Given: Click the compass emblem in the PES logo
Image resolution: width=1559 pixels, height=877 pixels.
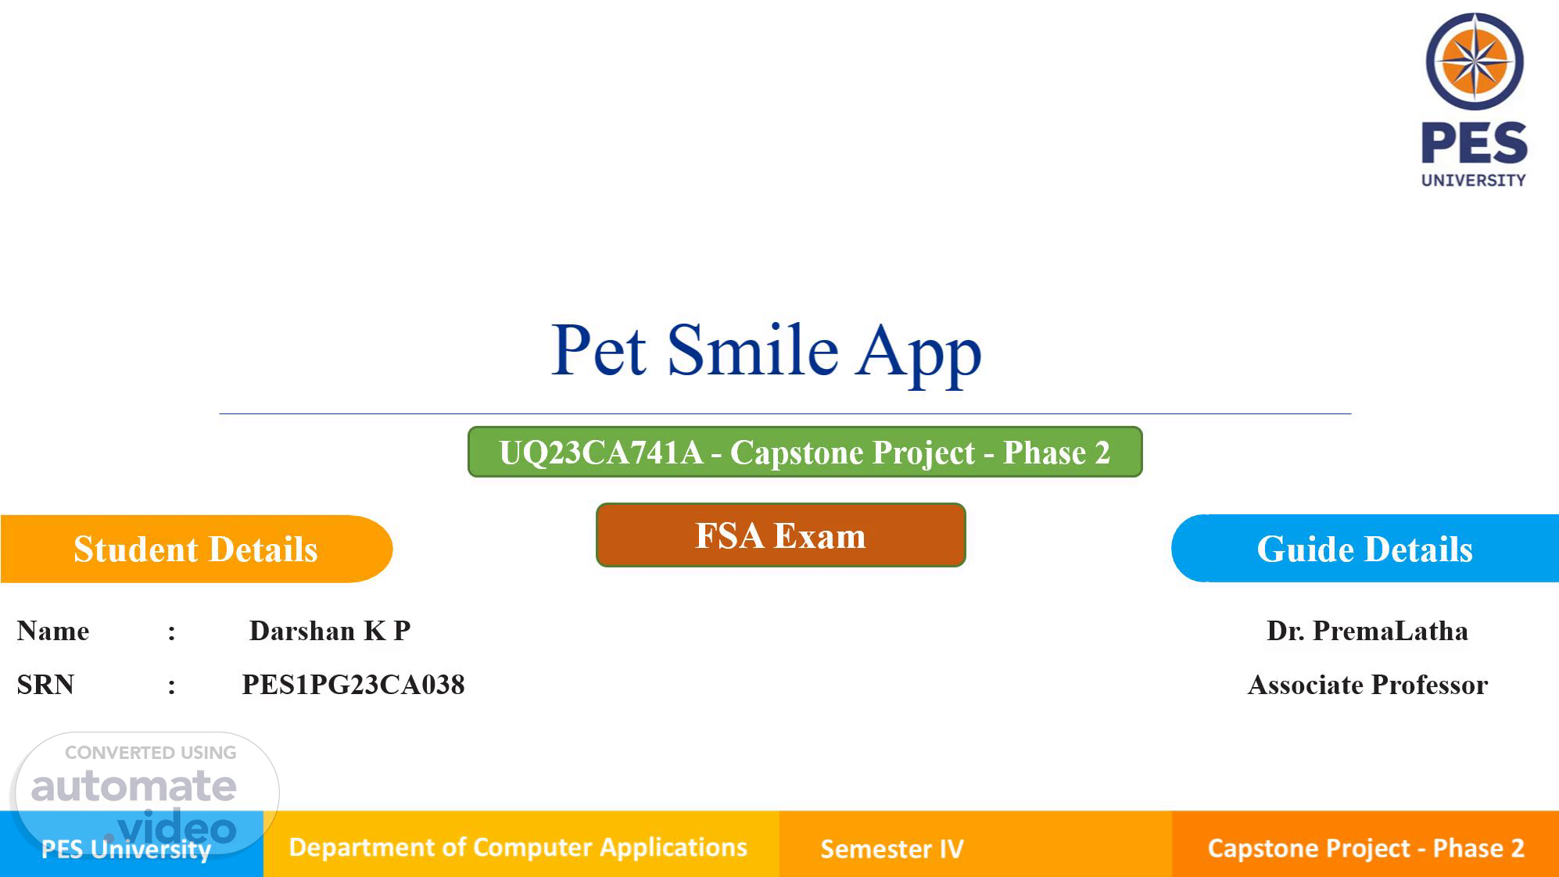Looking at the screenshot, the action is (x=1475, y=61).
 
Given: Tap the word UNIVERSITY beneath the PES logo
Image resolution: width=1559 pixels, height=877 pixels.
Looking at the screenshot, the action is (x=1474, y=181).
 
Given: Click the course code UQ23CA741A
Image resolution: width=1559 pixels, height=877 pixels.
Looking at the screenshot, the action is (x=600, y=453).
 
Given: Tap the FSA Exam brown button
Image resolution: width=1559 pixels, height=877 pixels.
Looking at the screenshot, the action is (x=780, y=535).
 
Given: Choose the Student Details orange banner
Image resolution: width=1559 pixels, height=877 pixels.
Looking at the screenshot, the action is (x=196, y=549).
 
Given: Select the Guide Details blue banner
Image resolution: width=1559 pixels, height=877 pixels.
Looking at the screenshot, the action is (x=1365, y=549).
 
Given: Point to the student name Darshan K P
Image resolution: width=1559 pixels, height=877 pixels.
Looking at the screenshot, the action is (x=330, y=631).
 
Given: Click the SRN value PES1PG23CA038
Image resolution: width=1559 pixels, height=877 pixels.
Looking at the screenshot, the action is (x=353, y=685).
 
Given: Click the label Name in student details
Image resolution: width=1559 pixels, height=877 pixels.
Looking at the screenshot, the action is (x=53, y=631).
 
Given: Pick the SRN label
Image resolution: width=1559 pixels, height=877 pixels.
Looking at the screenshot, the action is (x=45, y=685).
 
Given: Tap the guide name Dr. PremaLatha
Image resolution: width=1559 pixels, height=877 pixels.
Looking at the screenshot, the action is (x=1367, y=631).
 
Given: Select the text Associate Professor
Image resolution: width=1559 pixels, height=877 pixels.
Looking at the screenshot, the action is (x=1367, y=685).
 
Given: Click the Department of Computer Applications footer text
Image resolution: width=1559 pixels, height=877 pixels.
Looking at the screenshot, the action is (x=518, y=847).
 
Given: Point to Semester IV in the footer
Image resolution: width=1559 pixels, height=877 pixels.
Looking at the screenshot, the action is (x=892, y=849).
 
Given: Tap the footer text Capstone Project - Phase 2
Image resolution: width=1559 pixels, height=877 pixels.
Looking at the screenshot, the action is (x=1366, y=848).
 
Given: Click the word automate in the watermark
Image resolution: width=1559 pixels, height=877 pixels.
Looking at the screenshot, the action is (x=134, y=786).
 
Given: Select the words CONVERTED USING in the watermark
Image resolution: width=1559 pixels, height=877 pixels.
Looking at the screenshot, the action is (x=150, y=753).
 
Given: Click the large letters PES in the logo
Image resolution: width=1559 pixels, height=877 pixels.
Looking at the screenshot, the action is (x=1475, y=143).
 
